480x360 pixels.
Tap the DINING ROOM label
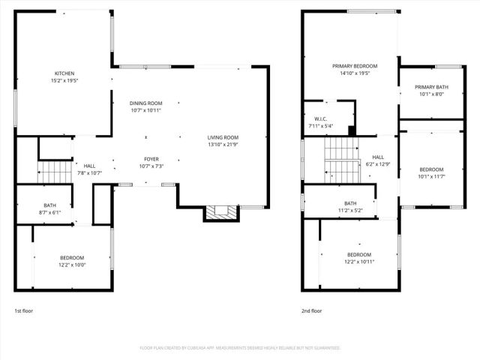click(145, 103)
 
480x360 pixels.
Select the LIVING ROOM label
click(223, 137)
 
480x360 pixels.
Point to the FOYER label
click(151, 159)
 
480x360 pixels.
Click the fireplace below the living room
click(220, 213)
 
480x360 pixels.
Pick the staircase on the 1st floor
click(54, 172)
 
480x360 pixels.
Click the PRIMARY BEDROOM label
click(355, 66)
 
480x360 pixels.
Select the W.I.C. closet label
click(319, 118)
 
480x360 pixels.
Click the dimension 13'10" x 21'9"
click(223, 144)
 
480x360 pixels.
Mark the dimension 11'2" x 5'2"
click(350, 210)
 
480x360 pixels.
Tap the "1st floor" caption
click(23, 310)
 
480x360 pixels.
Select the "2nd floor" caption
click(311, 310)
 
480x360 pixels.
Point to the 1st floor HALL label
click(89, 166)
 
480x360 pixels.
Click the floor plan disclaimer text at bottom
click(240, 348)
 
